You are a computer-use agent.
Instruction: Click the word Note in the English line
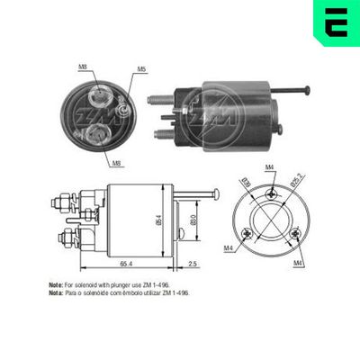coord(55,284)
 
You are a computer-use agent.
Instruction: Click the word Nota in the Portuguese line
coord(55,292)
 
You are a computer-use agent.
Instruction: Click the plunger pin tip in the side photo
coord(307,89)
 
